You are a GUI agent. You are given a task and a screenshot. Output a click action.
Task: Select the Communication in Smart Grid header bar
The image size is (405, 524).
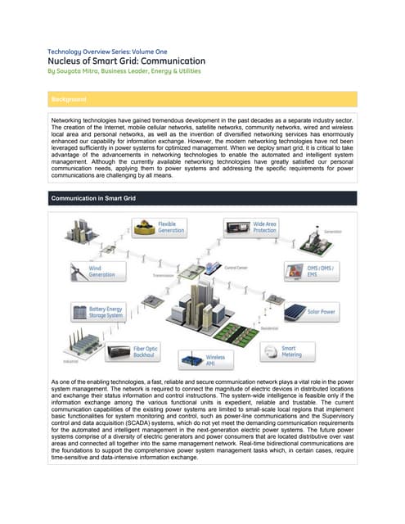[202, 198]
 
